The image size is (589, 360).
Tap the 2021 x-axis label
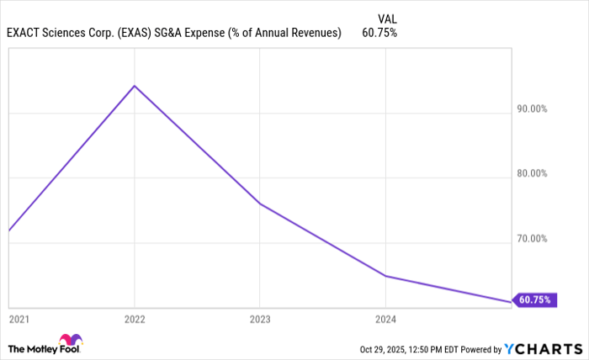(18, 319)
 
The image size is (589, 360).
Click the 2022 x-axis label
(135, 319)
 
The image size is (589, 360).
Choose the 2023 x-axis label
(260, 319)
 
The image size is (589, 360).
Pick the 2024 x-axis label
(385, 319)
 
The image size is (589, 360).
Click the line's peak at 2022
(135, 86)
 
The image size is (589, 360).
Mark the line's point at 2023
(260, 204)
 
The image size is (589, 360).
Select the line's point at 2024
(385, 276)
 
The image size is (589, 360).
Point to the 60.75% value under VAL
(380, 33)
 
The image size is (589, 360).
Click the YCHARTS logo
(543, 348)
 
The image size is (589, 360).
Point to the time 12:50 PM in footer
(420, 349)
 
